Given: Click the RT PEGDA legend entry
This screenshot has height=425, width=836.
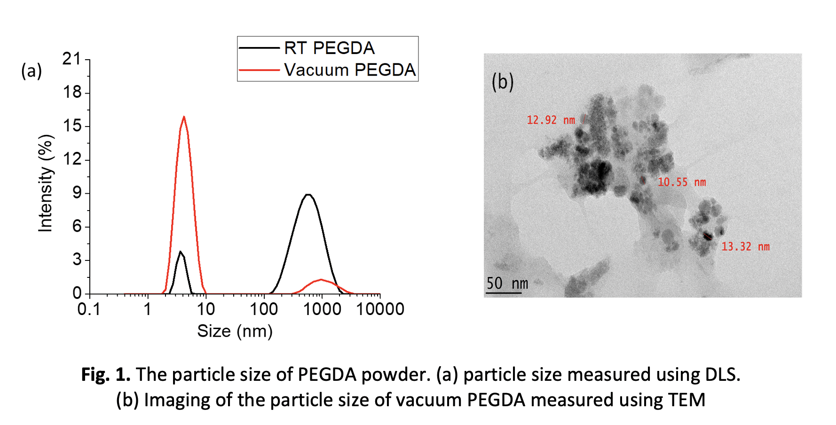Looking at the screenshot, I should coord(329,48).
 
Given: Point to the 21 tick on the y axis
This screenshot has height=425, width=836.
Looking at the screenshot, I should coord(72,59).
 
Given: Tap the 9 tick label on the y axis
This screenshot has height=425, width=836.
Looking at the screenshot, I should coord(77,193).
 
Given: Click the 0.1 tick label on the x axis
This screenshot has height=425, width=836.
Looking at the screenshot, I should coord(89,309).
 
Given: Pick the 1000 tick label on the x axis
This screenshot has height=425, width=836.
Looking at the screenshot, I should coord(322,309).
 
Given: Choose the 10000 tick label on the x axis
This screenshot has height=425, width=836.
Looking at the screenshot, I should coord(380,309).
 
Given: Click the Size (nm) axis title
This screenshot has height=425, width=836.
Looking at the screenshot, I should coord(235,331).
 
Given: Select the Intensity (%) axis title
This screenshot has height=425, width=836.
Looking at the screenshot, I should coord(46,183).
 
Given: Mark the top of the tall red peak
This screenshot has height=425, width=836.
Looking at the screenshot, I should coord(183,117).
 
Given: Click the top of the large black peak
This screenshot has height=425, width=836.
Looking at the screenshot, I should coord(308,194).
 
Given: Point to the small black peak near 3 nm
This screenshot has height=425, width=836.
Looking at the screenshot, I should coord(180,252).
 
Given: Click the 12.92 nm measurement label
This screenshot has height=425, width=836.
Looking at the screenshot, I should coord(551,120).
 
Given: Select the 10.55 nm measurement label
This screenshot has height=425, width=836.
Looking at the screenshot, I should coord(681,182).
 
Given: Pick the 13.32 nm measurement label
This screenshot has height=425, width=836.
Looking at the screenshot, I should coord(745,247).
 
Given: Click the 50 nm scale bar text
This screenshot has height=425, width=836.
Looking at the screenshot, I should coord(507,283).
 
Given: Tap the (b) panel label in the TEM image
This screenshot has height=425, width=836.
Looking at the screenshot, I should coord(502,82).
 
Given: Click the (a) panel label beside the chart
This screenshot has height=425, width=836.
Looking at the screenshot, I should coord(32,71).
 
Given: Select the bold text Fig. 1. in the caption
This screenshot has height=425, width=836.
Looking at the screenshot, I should coord(106,375).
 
